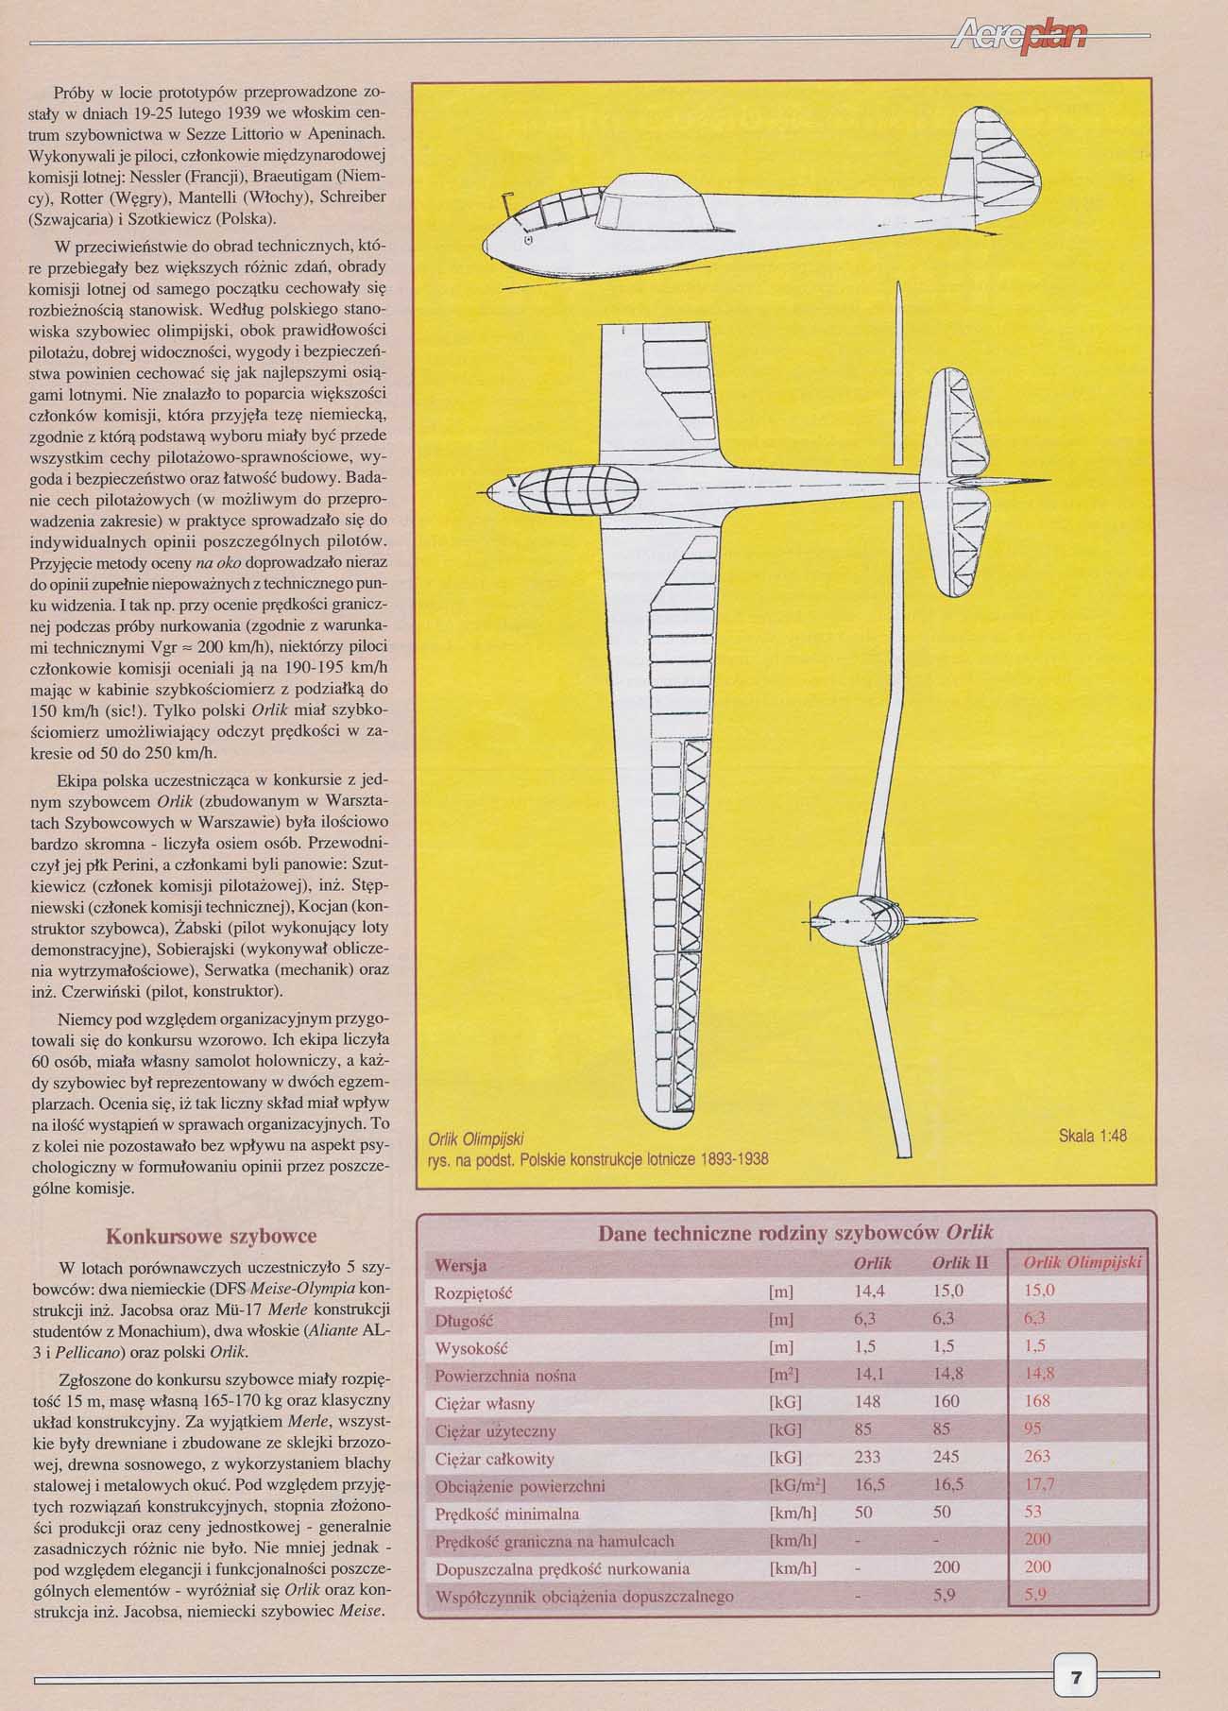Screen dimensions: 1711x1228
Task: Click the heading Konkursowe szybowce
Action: pyautogui.click(x=211, y=1236)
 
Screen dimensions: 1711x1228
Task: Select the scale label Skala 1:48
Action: pyautogui.click(x=1093, y=1136)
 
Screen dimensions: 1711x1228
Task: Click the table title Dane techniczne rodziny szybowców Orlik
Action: pyautogui.click(x=795, y=1232)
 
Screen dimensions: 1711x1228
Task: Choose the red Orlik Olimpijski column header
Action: pyautogui.click(x=1083, y=1264)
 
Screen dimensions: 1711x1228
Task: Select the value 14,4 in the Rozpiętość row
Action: pyautogui.click(x=869, y=1291)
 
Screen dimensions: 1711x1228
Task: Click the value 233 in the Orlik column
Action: pyautogui.click(x=867, y=1456)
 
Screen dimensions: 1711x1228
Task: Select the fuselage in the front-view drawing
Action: pyautogui.click(x=850, y=918)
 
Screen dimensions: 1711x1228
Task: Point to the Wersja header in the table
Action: pyautogui.click(x=460, y=1264)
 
